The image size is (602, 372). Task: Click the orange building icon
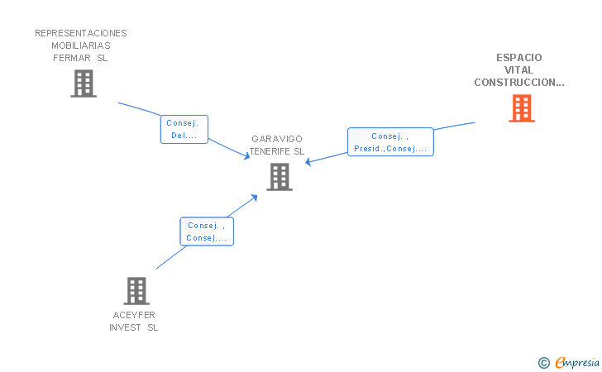522,108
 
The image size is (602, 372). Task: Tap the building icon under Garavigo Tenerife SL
279,177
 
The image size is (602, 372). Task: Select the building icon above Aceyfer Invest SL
136,291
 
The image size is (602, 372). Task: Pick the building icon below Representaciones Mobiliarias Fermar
84,83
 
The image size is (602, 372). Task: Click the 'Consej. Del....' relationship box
184,130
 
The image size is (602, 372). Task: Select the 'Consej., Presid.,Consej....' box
390,142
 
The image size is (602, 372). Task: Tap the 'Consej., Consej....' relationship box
207,231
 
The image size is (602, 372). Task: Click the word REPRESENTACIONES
81,33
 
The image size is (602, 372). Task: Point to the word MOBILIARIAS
81,45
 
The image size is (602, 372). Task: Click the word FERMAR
72,58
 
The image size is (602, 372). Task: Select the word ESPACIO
519,58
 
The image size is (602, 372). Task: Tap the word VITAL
518,70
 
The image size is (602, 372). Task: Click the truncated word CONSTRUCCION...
519,83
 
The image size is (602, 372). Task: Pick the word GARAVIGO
277,139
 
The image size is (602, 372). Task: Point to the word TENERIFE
270,151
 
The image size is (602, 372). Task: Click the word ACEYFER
134,315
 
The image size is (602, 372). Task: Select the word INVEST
125,327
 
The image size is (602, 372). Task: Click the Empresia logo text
577,363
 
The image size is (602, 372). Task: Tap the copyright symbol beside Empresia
544,363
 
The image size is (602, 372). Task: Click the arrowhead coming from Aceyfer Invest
254,198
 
